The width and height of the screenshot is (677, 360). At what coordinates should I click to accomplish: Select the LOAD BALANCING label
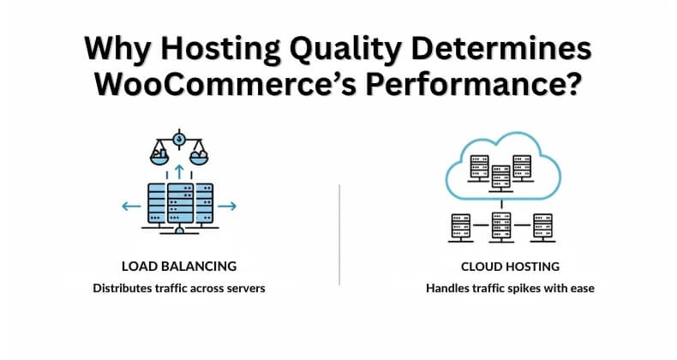(179, 266)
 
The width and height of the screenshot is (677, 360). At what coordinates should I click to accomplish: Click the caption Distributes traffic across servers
(179, 288)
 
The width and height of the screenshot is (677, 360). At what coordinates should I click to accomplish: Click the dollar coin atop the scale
(179, 138)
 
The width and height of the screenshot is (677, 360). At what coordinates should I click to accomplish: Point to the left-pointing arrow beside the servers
(130, 207)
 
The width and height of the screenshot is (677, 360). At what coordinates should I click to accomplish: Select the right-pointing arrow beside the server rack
(228, 207)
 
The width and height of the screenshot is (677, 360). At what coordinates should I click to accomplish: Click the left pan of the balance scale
(159, 157)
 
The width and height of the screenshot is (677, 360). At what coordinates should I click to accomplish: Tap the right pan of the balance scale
(199, 157)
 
